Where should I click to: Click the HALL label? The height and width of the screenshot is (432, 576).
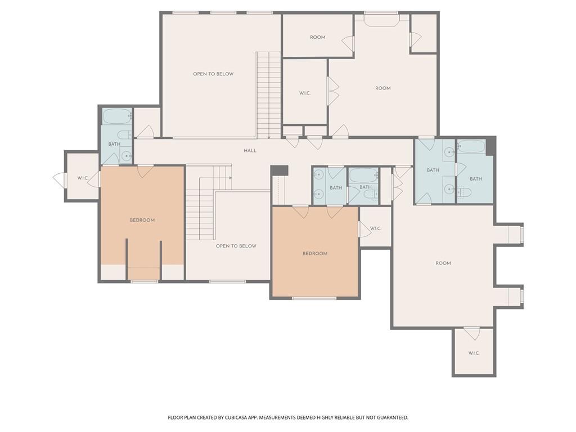tap(250, 151)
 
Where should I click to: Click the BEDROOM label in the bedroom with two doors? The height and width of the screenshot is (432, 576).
tap(315, 254)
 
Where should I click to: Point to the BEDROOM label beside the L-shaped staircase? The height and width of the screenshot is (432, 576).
tap(142, 220)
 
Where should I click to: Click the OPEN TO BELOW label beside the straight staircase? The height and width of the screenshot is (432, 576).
tap(213, 74)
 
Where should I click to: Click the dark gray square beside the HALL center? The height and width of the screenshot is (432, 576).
tap(279, 170)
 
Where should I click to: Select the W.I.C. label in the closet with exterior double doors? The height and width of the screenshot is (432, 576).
tap(83, 178)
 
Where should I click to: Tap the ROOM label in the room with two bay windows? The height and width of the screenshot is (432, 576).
tap(443, 263)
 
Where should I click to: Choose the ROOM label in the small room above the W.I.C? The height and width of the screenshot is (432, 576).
tap(317, 37)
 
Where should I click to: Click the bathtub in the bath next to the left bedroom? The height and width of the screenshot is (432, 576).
tap(117, 116)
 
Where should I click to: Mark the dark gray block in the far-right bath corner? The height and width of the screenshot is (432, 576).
tap(490, 147)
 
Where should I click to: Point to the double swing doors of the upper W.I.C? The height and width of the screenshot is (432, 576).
tap(333, 91)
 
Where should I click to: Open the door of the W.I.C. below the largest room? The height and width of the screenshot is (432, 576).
tap(471, 334)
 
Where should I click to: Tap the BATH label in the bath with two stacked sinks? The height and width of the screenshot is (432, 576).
tap(336, 188)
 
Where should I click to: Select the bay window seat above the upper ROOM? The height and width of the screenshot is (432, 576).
tap(381, 21)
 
